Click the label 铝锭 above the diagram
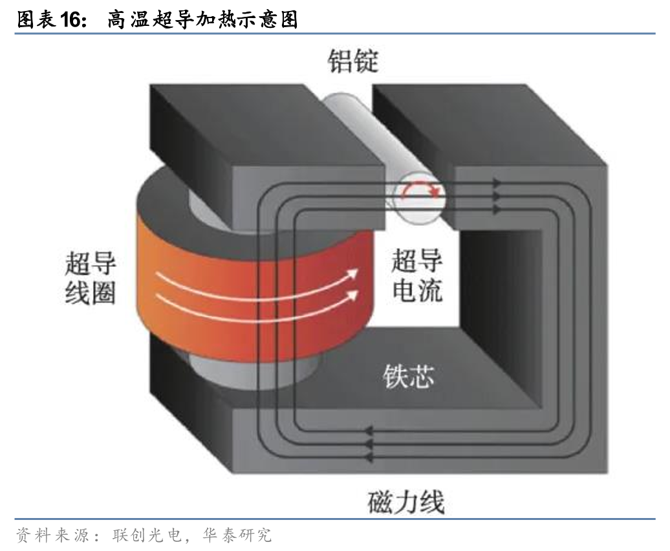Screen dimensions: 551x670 (x=352, y=62)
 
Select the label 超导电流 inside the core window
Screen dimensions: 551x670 (x=417, y=277)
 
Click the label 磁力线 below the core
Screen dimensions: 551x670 (x=406, y=502)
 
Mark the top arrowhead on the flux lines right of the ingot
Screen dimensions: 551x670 (x=497, y=183)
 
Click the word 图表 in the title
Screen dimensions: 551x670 (x=32, y=20)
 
